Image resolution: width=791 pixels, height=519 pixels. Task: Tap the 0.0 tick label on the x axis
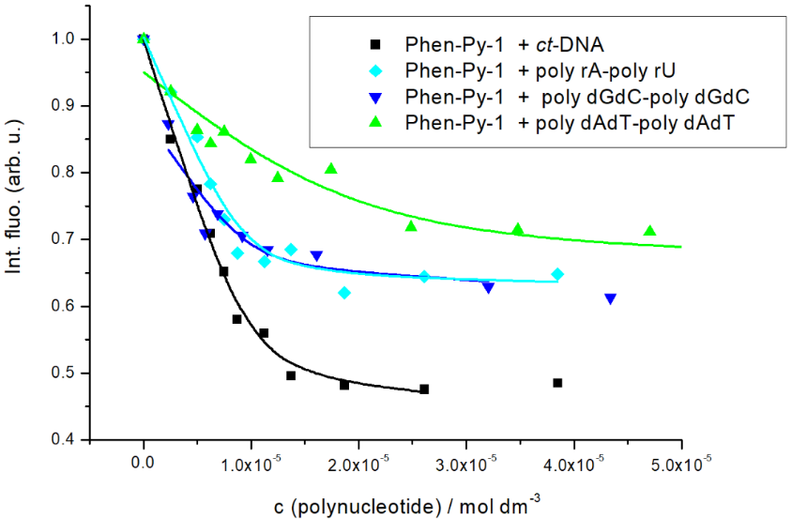(144, 461)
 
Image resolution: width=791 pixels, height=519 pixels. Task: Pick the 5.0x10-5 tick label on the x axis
(682, 461)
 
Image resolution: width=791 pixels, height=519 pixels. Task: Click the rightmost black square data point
(557, 383)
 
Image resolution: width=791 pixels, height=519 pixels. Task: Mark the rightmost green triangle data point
(650, 231)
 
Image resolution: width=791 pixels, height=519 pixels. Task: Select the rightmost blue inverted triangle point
(610, 298)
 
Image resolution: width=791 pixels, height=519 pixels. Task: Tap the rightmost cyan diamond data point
(557, 274)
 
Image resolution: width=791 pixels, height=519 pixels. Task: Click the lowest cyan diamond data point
(344, 293)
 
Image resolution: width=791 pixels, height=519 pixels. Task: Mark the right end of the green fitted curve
(682, 247)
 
